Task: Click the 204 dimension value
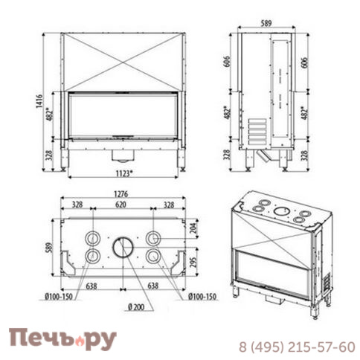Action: coord(195,228)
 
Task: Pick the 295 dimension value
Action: coord(195,261)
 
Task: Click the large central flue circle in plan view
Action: coord(122,247)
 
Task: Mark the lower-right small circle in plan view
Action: coord(153,257)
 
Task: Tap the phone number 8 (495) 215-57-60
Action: coord(295,347)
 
